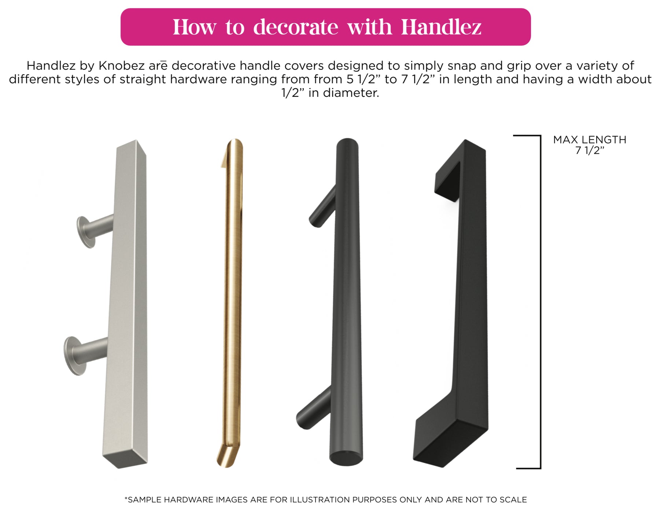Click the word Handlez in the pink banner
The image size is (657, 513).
(441, 27)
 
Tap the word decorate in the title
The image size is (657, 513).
(296, 27)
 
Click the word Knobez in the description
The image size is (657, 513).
(122, 66)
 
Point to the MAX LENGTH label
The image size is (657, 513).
(590, 140)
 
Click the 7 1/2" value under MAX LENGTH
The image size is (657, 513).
(590, 150)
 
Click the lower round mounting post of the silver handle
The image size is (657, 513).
(85, 355)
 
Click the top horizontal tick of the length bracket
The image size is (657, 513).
(527, 136)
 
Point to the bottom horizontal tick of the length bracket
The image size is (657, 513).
(528, 468)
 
